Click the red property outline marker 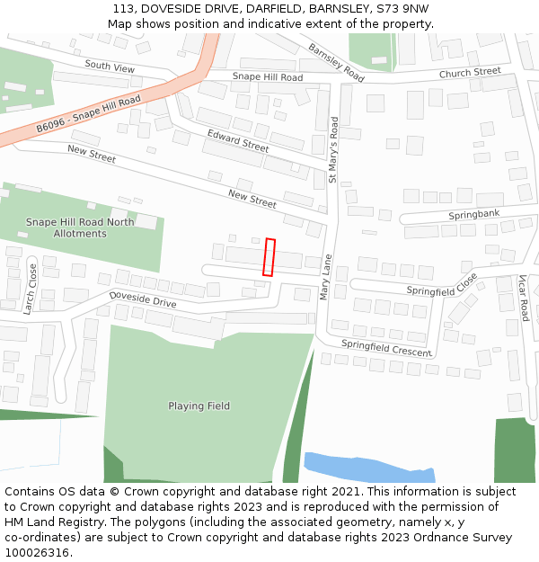(269, 256)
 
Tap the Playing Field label (199, 406)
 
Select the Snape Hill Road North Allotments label (80, 227)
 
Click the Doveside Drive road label (143, 299)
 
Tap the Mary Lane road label (326, 278)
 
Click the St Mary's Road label (333, 149)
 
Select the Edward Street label (238, 140)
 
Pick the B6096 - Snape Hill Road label (89, 114)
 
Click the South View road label (110, 67)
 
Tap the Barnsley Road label (336, 63)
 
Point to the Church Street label (470, 72)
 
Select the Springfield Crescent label (386, 348)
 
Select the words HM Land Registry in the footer (47, 522)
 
